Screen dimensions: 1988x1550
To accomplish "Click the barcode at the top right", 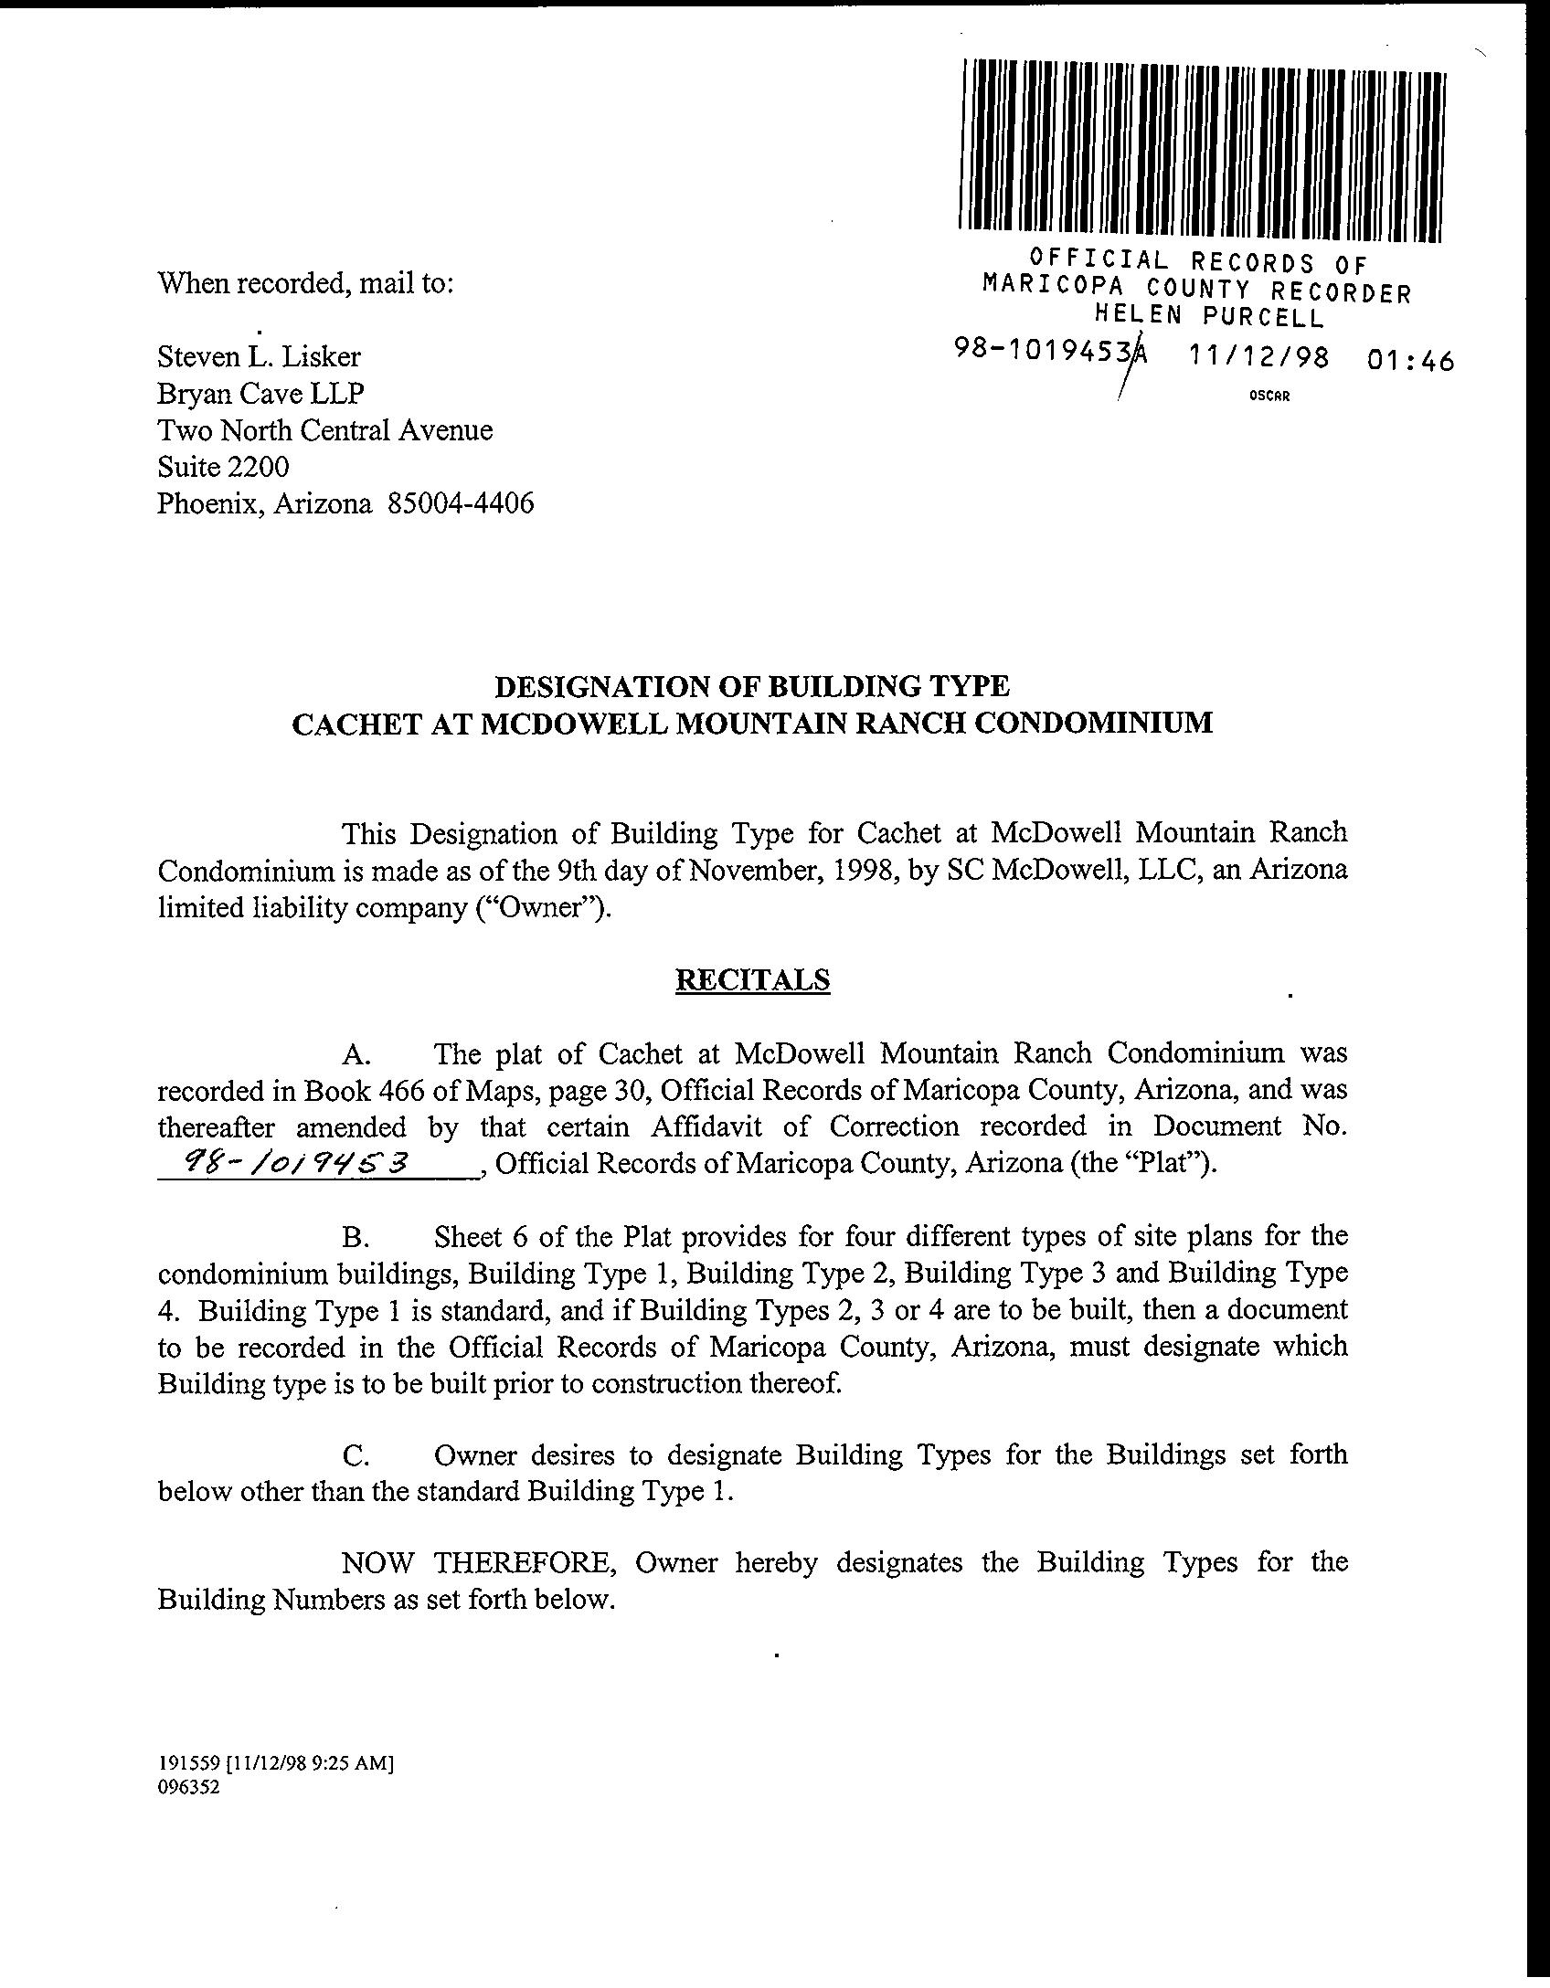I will point(1201,151).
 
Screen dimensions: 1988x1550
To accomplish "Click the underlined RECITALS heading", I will point(752,979).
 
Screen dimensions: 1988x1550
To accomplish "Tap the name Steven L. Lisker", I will point(259,356).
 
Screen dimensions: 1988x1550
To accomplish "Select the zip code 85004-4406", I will point(461,503).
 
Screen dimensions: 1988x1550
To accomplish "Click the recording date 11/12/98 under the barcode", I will point(1258,358).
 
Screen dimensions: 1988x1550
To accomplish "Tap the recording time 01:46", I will point(1409,362).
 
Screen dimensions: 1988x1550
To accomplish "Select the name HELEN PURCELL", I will point(1209,318).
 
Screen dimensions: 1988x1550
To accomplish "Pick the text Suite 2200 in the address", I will point(223,467).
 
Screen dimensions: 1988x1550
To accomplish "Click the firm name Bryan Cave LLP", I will point(260,393).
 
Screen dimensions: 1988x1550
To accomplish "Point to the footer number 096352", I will point(188,1789).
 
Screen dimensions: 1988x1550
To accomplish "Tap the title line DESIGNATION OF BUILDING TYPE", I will point(752,685).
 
